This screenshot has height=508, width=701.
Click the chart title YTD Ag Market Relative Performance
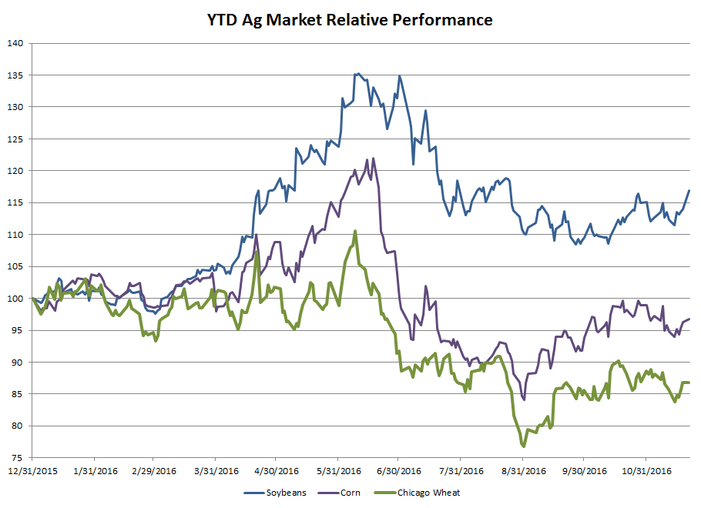(x=350, y=20)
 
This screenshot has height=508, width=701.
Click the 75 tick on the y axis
(x=18, y=457)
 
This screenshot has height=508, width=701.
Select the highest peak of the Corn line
(x=374, y=159)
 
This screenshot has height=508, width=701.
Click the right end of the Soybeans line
(x=689, y=190)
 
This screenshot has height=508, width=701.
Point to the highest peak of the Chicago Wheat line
(x=355, y=231)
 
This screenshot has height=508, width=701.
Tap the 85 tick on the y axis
(x=18, y=394)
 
